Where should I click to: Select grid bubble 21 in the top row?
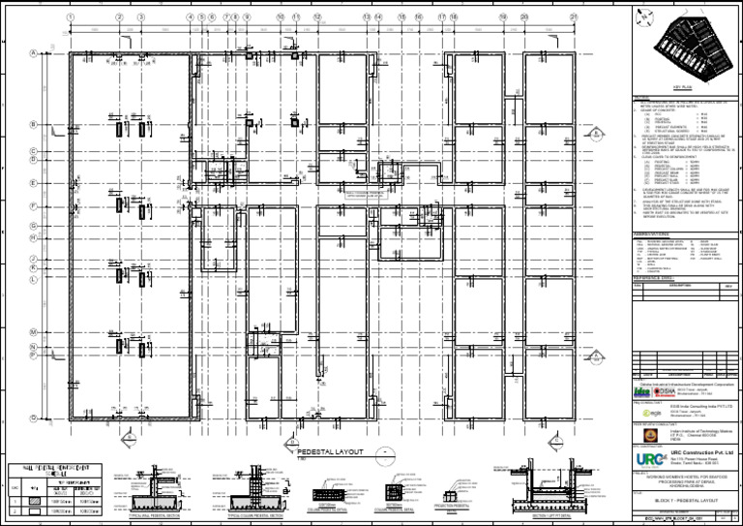pyautogui.click(x=574, y=17)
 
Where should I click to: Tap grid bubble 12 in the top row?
pyautogui.click(x=317, y=17)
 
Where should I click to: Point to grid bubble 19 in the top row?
pyautogui.click(x=503, y=17)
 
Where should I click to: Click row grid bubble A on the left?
pyautogui.click(x=34, y=53)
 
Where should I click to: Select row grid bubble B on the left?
pyautogui.click(x=34, y=125)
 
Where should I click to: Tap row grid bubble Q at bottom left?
pyautogui.click(x=34, y=418)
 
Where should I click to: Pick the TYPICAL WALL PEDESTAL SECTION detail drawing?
pyautogui.click(x=164, y=489)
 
